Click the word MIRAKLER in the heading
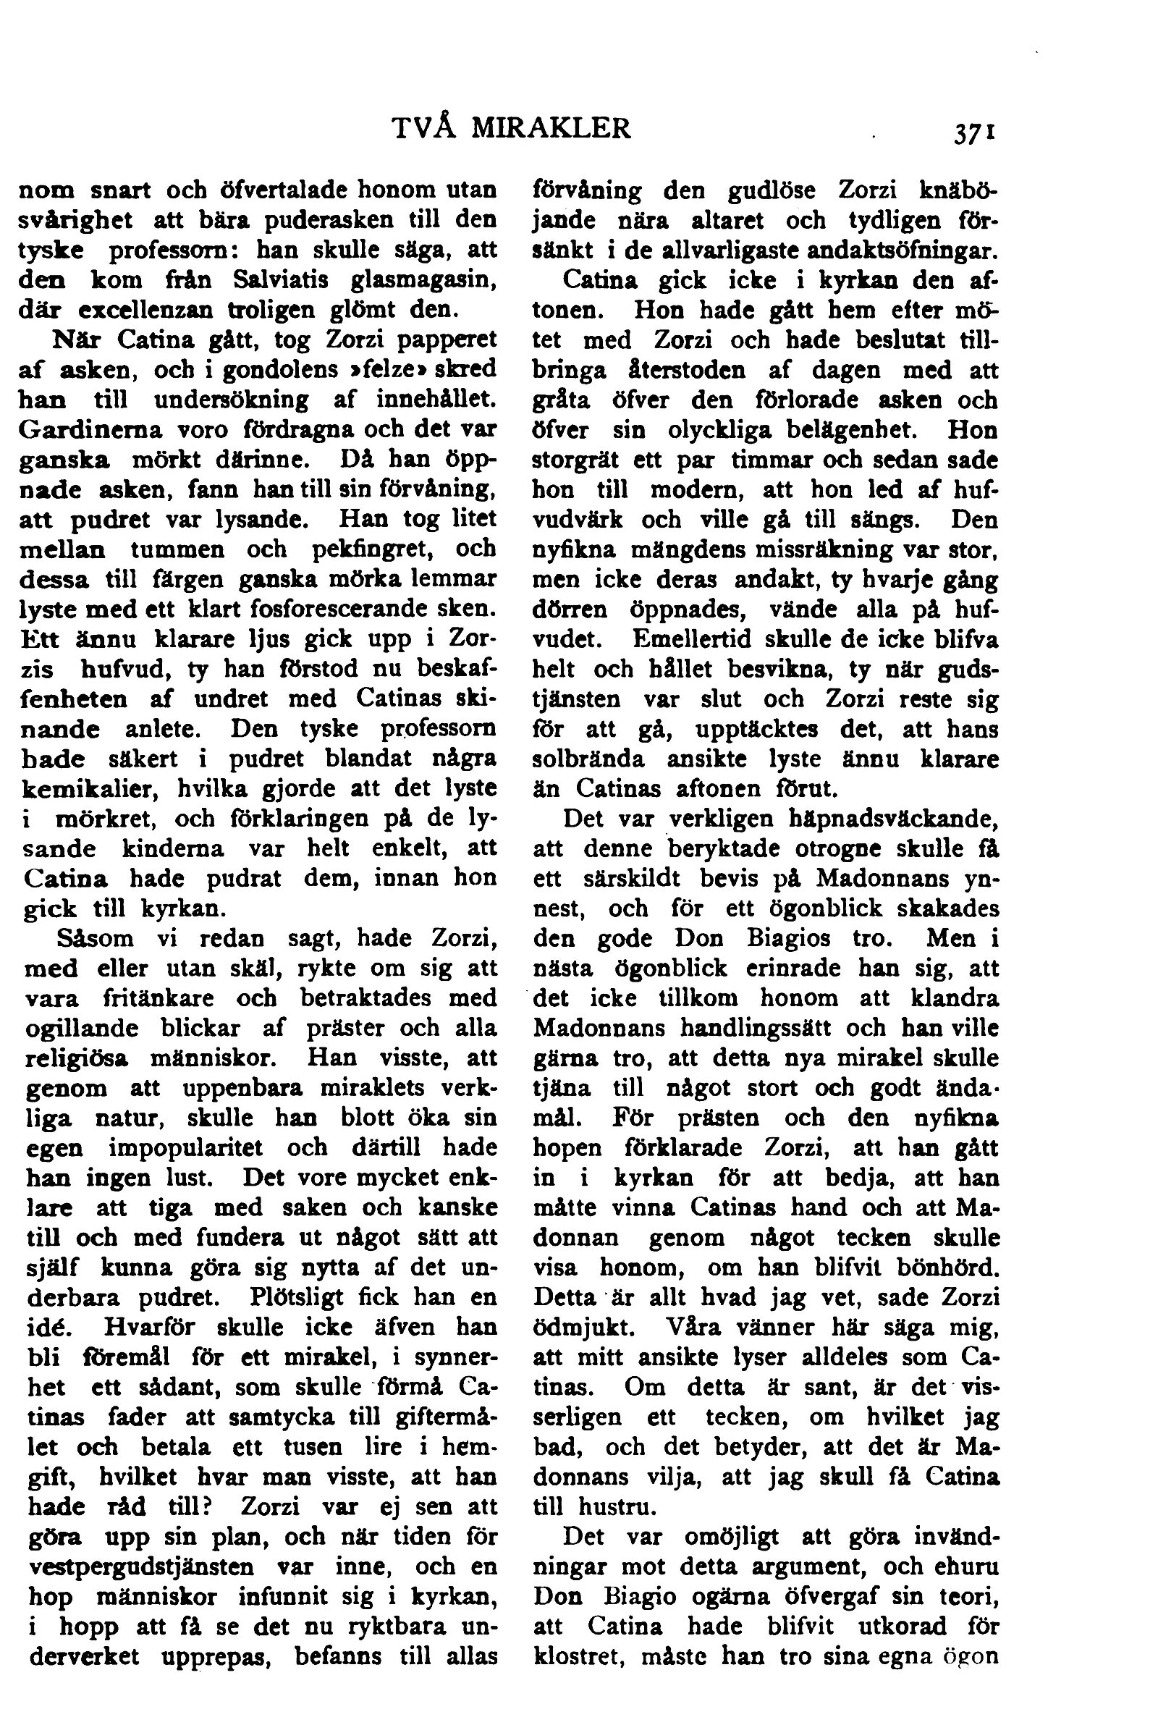coord(551,129)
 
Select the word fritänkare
coord(159,998)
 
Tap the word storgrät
coord(577,460)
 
